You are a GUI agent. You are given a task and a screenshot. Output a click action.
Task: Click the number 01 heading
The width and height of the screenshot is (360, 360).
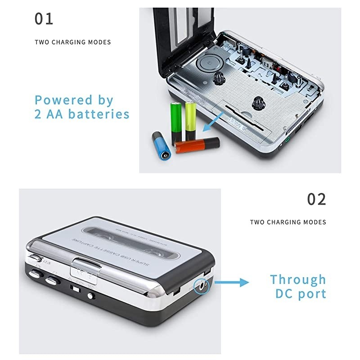(x=44, y=19)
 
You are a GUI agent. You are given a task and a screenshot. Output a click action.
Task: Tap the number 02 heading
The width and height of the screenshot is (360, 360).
(x=316, y=199)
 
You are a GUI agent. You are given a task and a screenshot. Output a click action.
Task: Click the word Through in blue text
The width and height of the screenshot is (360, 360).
(x=297, y=279)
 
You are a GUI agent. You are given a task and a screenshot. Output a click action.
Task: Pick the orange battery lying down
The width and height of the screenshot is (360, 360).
(x=197, y=145)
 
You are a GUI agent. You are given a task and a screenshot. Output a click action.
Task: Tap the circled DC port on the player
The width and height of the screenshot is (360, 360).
(x=200, y=284)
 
